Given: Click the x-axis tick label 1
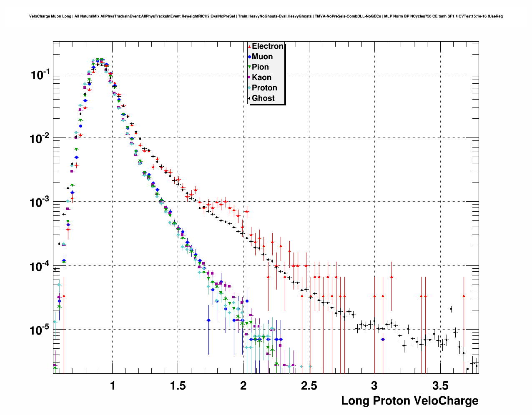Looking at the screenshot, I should [113, 386].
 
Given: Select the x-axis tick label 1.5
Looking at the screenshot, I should [178, 386].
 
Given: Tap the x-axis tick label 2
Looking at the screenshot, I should [243, 386].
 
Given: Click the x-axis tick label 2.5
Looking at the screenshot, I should [309, 386].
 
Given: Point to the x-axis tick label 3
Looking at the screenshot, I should [374, 386].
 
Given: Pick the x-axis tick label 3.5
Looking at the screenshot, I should [440, 386].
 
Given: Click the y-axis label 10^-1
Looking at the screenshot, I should [40, 75].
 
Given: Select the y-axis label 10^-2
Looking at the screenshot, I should [40, 139].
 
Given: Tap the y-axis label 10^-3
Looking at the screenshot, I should [40, 202].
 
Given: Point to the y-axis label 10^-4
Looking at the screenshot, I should [40, 266].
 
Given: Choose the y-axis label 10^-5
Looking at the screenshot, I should [40, 330].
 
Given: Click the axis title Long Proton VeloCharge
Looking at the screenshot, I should [409, 401].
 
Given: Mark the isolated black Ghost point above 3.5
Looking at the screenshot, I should [451, 309].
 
